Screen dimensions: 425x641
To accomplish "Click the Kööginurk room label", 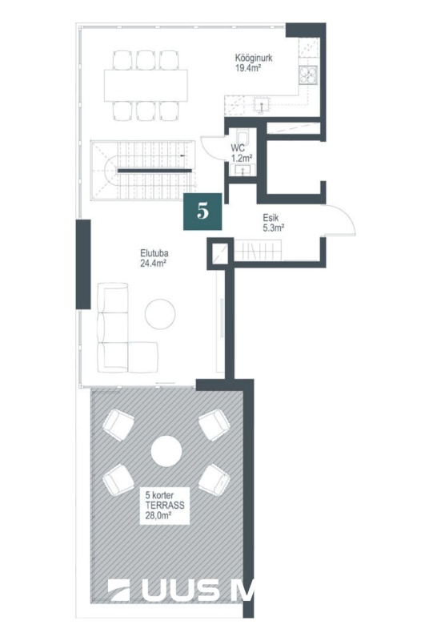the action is point(254,58).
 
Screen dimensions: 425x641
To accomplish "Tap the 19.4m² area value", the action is point(248,68).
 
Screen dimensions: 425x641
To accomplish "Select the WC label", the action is point(238,147).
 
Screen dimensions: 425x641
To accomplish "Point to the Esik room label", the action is point(271,218).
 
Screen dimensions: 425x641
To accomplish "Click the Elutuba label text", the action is point(154,253).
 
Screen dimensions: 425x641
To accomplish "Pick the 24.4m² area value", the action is point(153,264).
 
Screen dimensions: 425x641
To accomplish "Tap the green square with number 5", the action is point(202,212).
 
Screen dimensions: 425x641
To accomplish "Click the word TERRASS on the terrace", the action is point(165,506).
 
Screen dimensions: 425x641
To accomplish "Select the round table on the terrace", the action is point(166,451).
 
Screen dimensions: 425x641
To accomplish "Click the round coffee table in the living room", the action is point(160,314).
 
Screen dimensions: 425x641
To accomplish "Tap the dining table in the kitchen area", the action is point(146,86).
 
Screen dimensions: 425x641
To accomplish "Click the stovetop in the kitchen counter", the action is point(308,75).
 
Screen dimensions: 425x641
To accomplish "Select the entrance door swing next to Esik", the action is point(341,221).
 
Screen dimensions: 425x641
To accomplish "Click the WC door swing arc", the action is point(211,147).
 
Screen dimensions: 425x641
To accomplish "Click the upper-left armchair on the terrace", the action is point(118,425).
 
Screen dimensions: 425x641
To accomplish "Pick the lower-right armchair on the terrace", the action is point(215,478).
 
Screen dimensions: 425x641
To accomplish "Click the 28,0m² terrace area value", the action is point(158,516).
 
